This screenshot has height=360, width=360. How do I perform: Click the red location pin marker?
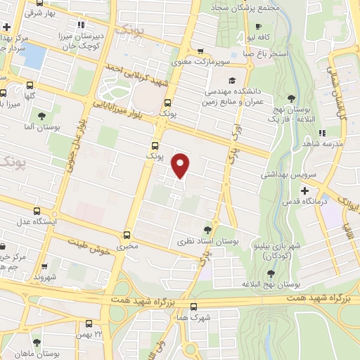181,165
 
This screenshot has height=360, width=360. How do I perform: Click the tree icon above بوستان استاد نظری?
207,229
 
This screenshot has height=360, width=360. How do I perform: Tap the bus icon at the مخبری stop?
127,236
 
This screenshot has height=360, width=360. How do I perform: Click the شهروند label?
46,277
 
